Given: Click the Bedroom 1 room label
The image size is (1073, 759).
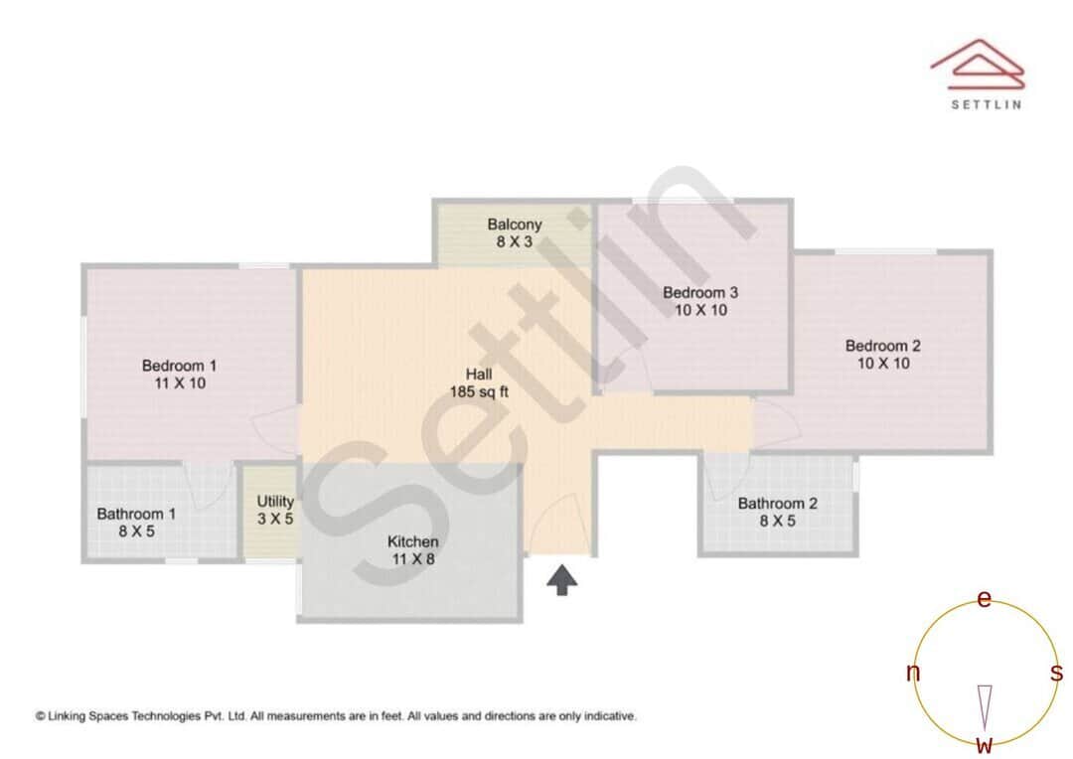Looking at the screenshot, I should (179, 366).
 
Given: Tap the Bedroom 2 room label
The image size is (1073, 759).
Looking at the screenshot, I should (883, 346).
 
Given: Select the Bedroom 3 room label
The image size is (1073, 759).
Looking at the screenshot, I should (700, 292).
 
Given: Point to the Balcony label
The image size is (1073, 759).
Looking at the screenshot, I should (515, 225).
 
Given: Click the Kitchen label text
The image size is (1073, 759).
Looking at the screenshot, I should (413, 542).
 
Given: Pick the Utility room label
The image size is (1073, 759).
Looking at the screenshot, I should (275, 502).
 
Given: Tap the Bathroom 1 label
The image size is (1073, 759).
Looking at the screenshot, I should (136, 514).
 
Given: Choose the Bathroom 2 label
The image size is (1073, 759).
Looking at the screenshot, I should (778, 504).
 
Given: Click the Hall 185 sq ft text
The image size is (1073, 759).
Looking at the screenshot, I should (479, 382).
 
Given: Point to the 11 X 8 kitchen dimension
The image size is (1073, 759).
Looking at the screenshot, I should (413, 559).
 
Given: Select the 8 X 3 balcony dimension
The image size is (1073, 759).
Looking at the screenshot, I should (515, 241).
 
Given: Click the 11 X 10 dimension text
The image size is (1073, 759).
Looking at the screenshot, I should (179, 382).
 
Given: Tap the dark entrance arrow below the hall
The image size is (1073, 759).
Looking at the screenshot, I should (562, 580).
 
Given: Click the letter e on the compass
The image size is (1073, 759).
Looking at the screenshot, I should (985, 599).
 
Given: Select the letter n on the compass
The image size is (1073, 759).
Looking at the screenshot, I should (913, 673).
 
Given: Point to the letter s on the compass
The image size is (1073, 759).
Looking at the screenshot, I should (1057, 673).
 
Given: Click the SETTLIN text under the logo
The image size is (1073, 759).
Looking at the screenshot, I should (986, 103).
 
